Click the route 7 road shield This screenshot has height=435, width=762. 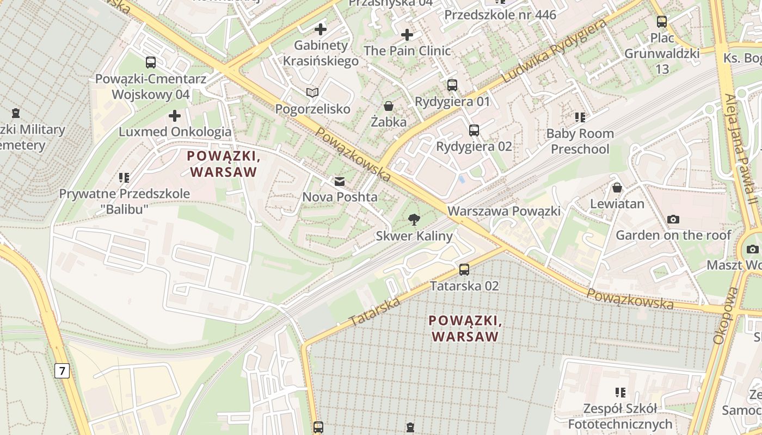coord(62,371)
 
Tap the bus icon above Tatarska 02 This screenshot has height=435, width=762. coord(464,269)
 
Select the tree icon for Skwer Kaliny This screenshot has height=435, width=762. coord(414,220)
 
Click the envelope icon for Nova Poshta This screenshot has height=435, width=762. coord(340,181)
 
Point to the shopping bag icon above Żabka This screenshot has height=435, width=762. coord(389,105)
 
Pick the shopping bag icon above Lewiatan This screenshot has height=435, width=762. coord(617,188)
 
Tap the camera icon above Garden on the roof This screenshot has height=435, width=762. coord(673,219)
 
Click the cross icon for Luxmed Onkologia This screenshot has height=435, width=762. coord(175,115)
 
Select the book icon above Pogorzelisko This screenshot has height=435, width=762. coord(312,93)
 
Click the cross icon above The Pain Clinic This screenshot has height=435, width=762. coord(407,35)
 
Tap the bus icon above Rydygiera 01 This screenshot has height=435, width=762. coord(452,85)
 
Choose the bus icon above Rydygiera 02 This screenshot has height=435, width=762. coord(474,130)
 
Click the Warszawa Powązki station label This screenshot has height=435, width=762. coord(503,211)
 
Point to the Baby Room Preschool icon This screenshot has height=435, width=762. coord(580,117)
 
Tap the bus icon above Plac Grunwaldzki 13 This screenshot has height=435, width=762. coord(662,22)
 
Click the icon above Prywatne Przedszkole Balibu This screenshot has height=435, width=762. coord(124,177)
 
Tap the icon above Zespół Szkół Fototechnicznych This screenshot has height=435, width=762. coord(620,392)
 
